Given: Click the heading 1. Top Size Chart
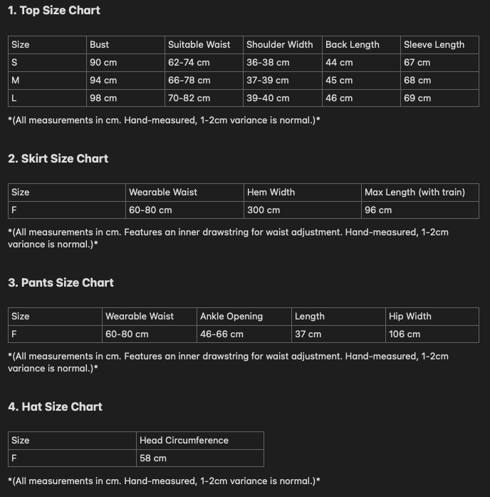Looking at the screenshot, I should pyautogui.click(x=54, y=11).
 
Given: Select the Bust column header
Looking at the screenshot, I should pyautogui.click(x=100, y=45).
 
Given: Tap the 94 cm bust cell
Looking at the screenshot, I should pyautogui.click(x=103, y=81).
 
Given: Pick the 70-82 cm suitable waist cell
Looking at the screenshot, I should pyautogui.click(x=189, y=98).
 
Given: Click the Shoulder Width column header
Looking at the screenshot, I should pyautogui.click(x=279, y=45).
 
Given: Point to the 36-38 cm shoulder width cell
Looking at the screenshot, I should pyautogui.click(x=268, y=63).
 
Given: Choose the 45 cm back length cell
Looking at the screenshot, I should pyautogui.click(x=339, y=81).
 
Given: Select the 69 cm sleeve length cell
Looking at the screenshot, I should pyautogui.click(x=417, y=98).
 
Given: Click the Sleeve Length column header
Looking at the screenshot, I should pyautogui.click(x=434, y=45).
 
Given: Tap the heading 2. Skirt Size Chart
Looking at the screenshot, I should pyautogui.click(x=58, y=159).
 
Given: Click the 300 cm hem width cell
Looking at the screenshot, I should pyautogui.click(x=264, y=210).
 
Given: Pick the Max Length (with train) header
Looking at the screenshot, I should pyautogui.click(x=415, y=193).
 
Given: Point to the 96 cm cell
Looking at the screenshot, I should pyautogui.click(x=378, y=210).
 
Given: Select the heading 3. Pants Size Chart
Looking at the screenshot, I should pyautogui.click(x=61, y=283).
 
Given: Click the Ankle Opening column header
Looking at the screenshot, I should pyautogui.click(x=231, y=317).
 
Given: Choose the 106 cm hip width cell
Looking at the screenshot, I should pyautogui.click(x=405, y=334).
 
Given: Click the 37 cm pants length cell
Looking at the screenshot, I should pyautogui.click(x=308, y=334).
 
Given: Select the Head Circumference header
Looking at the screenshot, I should pyautogui.click(x=184, y=441).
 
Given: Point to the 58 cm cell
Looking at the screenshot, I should pyautogui.click(x=153, y=458).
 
